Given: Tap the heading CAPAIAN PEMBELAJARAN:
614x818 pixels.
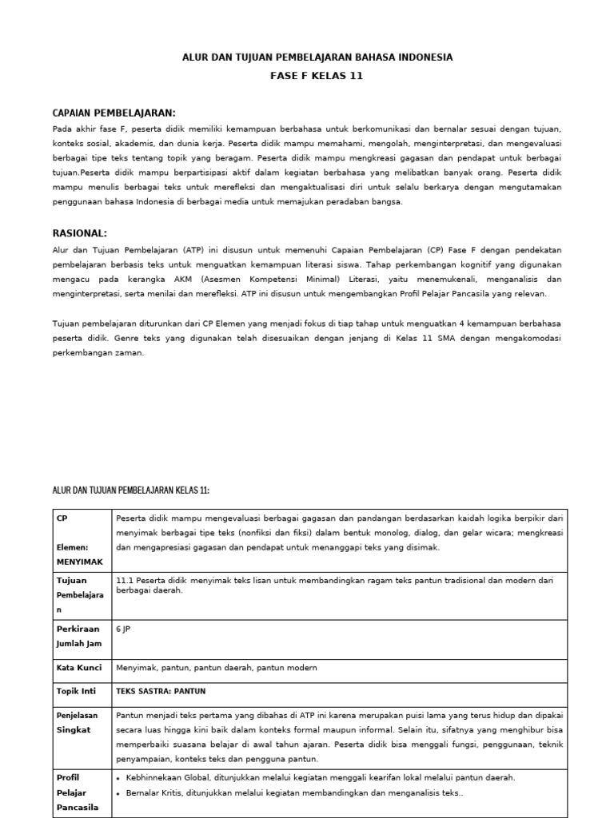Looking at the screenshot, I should (x=114, y=113).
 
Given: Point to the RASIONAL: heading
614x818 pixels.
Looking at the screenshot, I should (x=79, y=233).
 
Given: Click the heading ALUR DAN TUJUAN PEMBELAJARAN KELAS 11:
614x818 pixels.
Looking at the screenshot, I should (x=130, y=490).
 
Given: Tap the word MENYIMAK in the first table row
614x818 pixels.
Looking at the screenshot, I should (x=78, y=562).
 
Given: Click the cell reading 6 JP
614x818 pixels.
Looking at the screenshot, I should (x=124, y=629).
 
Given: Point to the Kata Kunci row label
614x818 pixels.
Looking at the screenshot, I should (x=78, y=667).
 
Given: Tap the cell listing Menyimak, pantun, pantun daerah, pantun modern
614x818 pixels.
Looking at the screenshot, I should (x=217, y=667).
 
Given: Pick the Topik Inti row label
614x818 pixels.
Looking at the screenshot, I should (x=77, y=690).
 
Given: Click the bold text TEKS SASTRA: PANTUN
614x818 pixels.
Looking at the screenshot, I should (x=165, y=690).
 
